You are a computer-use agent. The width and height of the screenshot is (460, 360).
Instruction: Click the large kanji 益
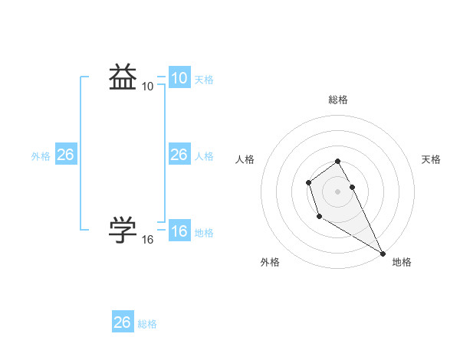point(123,77)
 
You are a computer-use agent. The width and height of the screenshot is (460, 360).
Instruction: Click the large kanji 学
point(123,230)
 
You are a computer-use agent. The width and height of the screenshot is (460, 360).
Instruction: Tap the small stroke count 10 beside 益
point(147,87)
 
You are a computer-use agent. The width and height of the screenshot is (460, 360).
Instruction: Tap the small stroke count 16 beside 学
point(147,240)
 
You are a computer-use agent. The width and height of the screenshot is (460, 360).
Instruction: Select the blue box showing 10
point(179,78)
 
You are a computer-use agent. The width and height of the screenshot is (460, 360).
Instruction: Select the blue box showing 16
point(179,231)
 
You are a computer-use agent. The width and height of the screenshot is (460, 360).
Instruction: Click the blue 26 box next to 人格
point(179,155)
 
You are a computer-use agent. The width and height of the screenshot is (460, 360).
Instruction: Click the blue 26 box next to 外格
point(65,155)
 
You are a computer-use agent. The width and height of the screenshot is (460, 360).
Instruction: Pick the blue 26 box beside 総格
point(122,322)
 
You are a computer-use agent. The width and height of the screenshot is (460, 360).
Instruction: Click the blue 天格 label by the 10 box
point(204,80)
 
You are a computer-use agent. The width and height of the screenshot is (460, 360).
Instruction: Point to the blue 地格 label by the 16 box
point(204,233)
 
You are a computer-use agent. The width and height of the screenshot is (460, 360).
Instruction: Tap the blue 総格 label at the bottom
point(147,324)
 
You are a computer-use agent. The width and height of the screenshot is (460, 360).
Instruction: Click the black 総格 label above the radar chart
point(337,100)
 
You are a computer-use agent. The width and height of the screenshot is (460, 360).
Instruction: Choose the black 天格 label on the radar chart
point(431,159)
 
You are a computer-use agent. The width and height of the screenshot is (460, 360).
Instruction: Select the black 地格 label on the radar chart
point(402,262)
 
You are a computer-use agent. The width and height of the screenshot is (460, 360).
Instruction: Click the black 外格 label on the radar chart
point(270,262)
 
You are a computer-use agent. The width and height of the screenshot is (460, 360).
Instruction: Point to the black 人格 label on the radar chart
point(245,159)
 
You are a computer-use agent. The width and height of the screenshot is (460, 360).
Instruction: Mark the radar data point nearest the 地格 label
point(383,253)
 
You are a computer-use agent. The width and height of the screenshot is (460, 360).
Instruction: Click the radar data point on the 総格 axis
point(337,161)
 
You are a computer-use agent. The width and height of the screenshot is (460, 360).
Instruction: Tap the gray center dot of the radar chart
point(337,191)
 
